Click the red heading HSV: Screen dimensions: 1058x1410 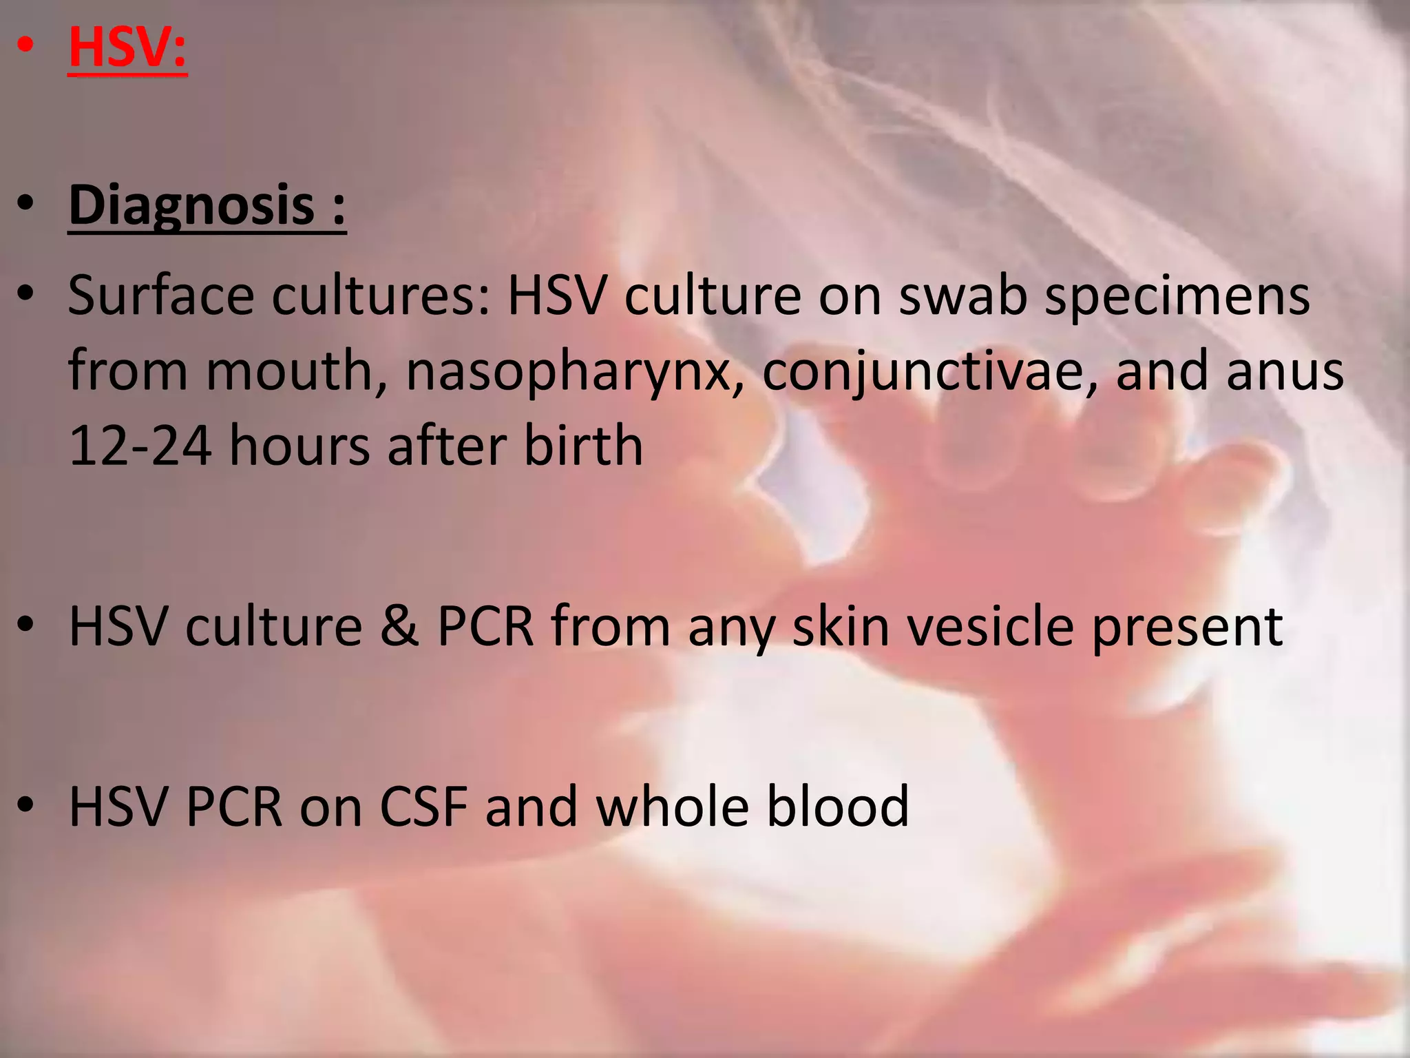(x=127, y=48)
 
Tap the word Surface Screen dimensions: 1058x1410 (x=161, y=295)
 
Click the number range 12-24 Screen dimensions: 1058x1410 (x=140, y=446)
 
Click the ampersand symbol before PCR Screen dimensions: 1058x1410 (x=399, y=626)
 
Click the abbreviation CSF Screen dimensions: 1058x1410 (x=423, y=806)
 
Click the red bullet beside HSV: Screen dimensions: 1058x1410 (x=25, y=45)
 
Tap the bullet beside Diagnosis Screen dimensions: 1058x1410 (x=25, y=205)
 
